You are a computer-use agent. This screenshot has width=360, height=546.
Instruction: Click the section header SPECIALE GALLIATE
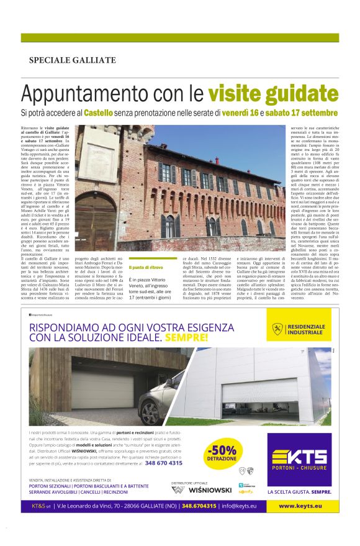tap(72, 60)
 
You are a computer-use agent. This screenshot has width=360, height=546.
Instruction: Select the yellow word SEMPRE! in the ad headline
tap(186, 338)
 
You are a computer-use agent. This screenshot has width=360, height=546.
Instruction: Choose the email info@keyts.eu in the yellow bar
tap(248, 506)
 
